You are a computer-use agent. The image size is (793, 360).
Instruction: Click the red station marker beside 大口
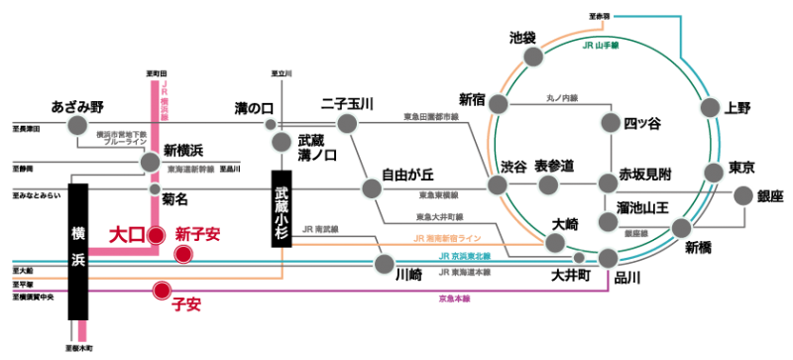[x=156, y=236]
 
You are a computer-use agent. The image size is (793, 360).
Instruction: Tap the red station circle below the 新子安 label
[x=183, y=254]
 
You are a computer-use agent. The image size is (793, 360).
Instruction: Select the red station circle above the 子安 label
[x=162, y=291]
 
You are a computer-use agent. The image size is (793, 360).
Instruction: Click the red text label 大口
[x=126, y=235]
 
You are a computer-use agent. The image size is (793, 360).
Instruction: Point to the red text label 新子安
[x=197, y=234]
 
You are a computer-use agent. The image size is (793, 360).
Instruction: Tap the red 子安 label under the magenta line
[x=186, y=304]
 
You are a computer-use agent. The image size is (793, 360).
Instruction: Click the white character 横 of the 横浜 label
[x=79, y=233]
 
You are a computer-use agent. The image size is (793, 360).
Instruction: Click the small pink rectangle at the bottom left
[x=82, y=330]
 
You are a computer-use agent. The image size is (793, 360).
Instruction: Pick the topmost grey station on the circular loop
[x=533, y=57]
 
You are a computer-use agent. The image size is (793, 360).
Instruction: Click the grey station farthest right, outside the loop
[x=742, y=195]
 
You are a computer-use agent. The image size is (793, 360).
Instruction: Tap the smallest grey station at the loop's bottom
[x=579, y=258]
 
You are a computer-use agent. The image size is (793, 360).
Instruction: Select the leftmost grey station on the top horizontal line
[x=77, y=125]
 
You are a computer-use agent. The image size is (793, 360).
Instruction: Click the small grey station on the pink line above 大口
[x=155, y=188]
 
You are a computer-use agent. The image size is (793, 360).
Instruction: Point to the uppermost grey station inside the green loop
[x=611, y=123]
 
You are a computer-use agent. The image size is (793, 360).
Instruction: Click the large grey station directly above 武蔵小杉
[x=282, y=142]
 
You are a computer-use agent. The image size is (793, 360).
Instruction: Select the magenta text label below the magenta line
[x=454, y=298]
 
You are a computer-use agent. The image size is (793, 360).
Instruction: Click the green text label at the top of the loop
[x=601, y=45]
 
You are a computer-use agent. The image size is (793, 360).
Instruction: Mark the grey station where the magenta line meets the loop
[x=608, y=258]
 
